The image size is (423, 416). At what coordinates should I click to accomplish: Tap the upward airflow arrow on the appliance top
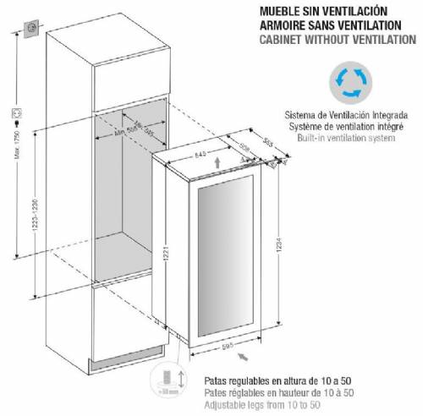(x=219, y=162)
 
